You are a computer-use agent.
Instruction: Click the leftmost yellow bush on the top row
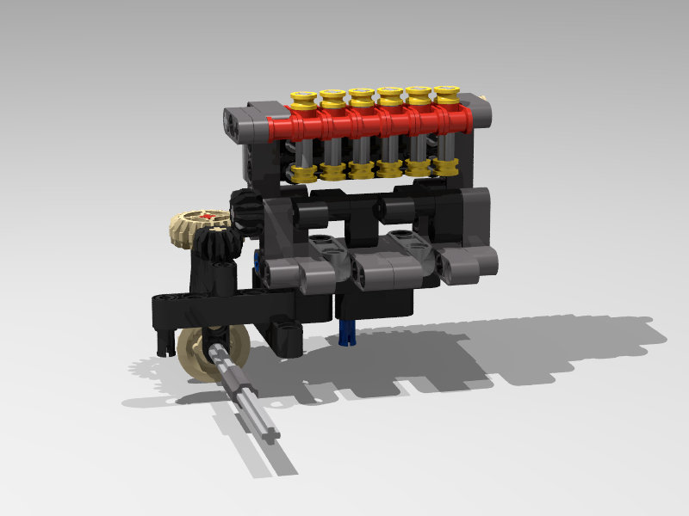point(302,101)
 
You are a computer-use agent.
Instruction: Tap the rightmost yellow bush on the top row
point(445,95)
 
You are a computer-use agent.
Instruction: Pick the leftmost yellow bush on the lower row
point(301,173)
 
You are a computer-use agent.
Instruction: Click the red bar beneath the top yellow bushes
point(370,126)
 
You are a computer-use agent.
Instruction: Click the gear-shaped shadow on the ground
point(146,370)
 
